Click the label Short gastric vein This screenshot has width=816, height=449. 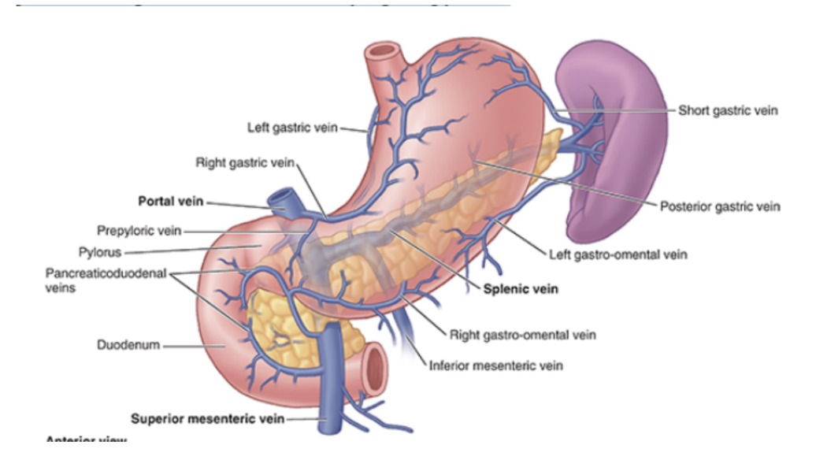728,110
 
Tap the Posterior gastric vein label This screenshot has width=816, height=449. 719,206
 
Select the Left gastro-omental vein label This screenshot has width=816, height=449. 618,254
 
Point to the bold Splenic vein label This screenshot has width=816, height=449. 521,289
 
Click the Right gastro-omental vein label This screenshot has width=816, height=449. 522,335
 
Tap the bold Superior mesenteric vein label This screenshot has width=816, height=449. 207,418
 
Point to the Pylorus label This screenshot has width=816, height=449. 102,253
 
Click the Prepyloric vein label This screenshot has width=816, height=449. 139,231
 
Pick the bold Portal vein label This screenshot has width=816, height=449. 170,202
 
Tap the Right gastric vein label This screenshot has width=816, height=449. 244,162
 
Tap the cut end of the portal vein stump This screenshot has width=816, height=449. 281,196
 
